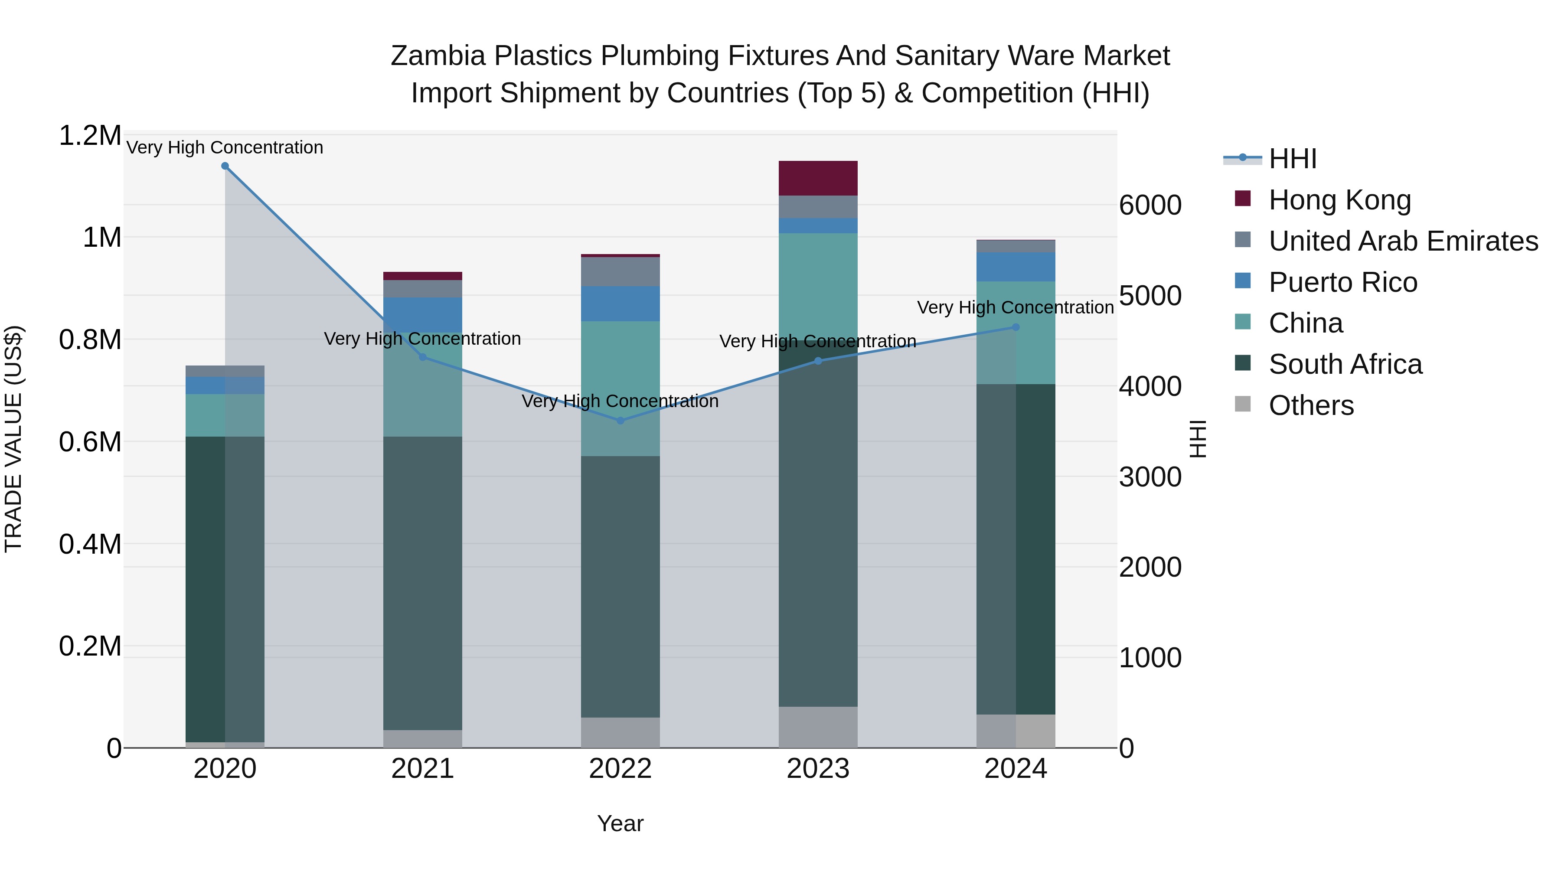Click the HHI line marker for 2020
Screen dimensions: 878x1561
click(x=225, y=166)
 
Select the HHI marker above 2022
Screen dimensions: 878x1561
click(x=620, y=421)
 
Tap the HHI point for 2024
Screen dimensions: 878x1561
click(x=1016, y=327)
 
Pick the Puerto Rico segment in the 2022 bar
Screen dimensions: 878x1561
click(x=620, y=304)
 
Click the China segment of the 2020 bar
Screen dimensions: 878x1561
click(x=225, y=416)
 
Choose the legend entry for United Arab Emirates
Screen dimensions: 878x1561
click(x=1403, y=241)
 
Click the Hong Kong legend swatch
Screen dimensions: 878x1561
click(x=1242, y=199)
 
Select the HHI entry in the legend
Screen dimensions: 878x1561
click(x=1292, y=159)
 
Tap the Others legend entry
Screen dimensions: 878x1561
click(x=1311, y=405)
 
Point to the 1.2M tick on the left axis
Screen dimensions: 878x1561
click(x=90, y=136)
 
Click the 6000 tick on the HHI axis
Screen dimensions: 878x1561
click(x=1150, y=206)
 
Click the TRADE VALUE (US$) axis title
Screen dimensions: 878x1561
click(x=13, y=439)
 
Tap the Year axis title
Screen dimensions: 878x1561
click(x=620, y=823)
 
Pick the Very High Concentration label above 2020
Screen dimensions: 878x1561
click(x=225, y=147)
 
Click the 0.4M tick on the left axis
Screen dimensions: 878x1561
click(x=90, y=544)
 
